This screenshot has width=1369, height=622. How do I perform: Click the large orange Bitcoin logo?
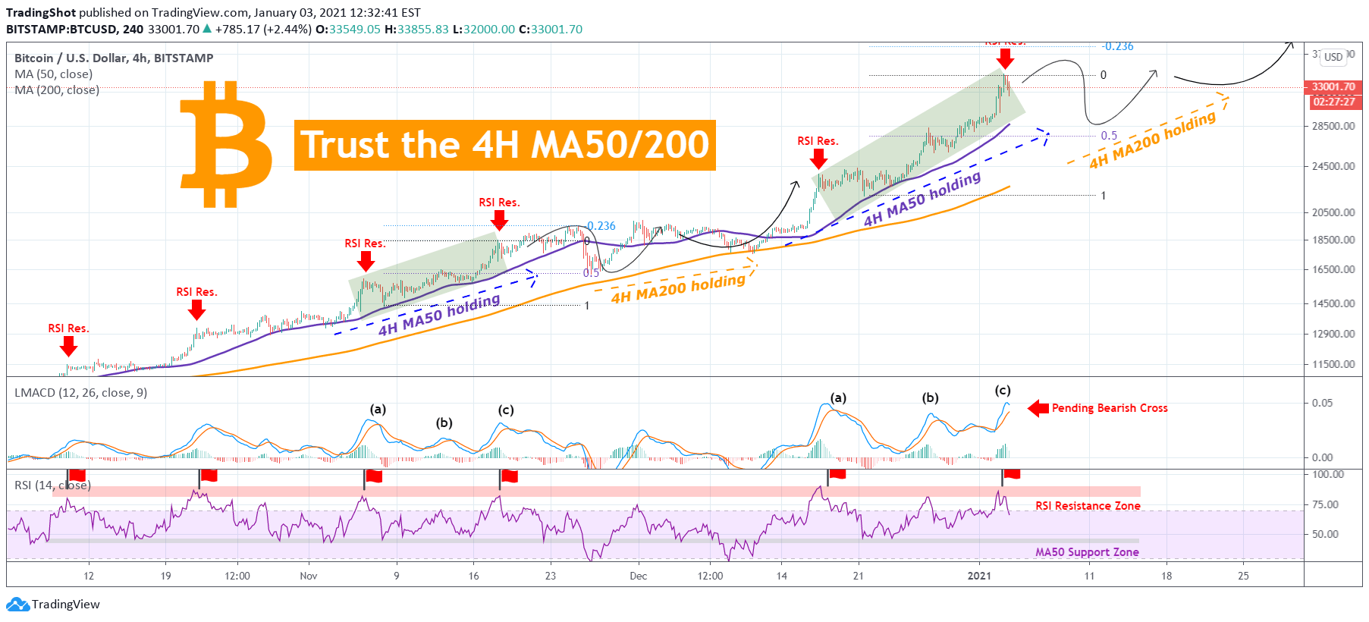[x=225, y=145]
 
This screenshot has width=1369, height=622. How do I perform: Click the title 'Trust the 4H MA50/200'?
[x=504, y=145]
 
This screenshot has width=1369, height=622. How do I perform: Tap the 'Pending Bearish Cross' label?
[x=1109, y=408]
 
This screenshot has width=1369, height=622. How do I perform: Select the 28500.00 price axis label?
[x=1333, y=126]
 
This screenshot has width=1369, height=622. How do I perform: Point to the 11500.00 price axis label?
[x=1333, y=364]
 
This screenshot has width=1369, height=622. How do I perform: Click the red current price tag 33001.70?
[x=1333, y=86]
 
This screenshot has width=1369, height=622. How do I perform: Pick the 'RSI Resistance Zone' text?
[x=1088, y=506]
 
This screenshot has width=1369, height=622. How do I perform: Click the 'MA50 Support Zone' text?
[x=1087, y=552]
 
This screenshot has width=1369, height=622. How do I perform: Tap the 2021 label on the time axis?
[x=979, y=576]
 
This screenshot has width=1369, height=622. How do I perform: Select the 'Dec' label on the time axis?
[x=639, y=576]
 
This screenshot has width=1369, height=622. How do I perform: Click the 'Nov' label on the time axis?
[x=309, y=576]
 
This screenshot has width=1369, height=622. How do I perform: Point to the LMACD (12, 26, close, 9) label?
[x=80, y=392]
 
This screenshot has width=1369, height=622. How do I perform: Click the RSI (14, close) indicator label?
[x=52, y=485]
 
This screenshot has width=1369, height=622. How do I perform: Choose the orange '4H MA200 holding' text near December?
[x=678, y=288]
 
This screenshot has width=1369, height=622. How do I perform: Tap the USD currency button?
[x=1333, y=57]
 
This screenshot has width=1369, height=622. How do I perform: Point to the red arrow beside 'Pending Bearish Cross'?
[x=1038, y=409]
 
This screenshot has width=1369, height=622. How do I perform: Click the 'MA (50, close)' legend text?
[x=54, y=74]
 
